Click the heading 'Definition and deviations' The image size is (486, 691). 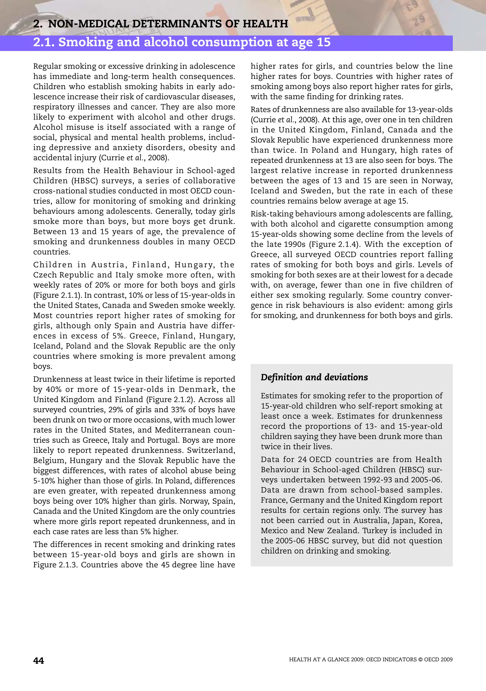coord(314,377)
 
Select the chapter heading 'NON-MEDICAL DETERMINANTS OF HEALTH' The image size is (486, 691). coord(168,24)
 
